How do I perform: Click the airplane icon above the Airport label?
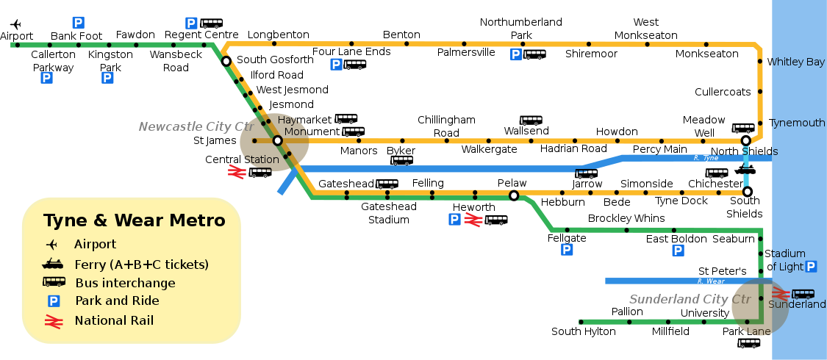pos(16,24)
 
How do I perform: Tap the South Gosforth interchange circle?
pos(226,61)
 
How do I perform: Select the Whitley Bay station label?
pos(796,62)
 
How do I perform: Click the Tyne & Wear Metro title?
pos(135,220)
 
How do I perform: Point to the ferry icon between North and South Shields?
pos(745,169)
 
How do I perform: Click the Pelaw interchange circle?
pos(514,196)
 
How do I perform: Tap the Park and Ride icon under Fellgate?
pos(567,249)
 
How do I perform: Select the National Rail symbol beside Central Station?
pos(237,172)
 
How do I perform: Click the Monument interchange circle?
pos(277,141)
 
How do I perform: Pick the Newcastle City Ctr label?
pos(196,126)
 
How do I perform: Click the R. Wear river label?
pos(711,281)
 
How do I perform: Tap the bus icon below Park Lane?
pos(749,343)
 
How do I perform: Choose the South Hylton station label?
pos(584,331)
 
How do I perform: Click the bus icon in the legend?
pos(54,282)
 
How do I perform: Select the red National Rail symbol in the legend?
pos(53,321)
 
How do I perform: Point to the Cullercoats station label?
pos(723,92)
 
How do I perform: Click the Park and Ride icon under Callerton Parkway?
pos(47,78)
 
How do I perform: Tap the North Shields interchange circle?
pos(746,141)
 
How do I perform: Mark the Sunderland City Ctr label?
pos(690,299)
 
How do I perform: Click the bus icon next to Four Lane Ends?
pos(354,65)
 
